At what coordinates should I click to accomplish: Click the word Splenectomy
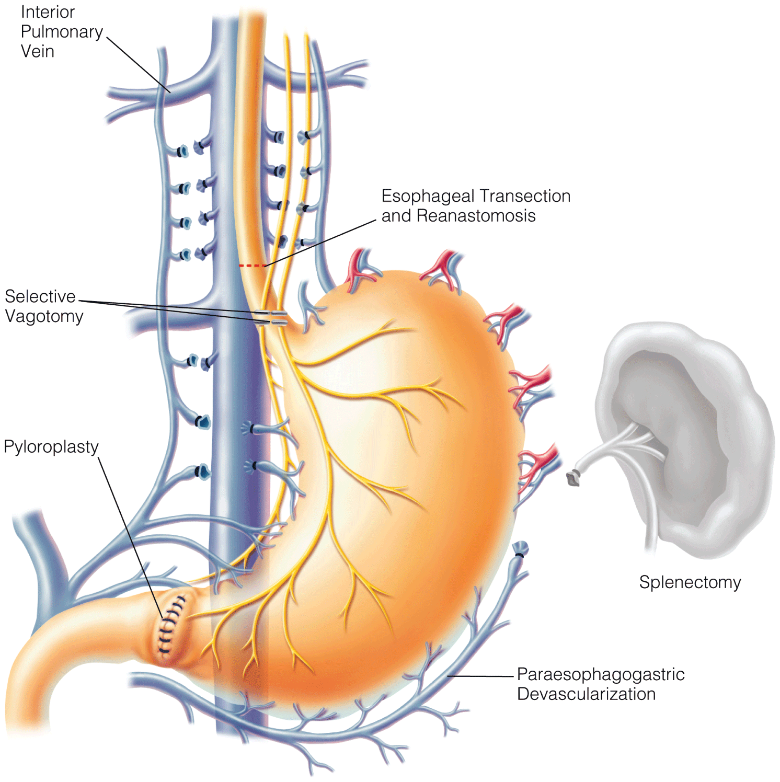(x=690, y=582)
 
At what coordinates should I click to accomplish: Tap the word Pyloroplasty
(x=51, y=447)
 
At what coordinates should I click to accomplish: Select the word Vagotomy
(x=44, y=317)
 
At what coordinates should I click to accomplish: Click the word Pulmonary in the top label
(x=62, y=32)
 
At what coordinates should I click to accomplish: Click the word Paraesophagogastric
(x=601, y=674)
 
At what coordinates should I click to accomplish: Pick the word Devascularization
(x=586, y=694)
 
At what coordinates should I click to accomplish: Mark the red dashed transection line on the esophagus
(x=252, y=266)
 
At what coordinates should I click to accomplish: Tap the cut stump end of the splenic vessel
(x=573, y=478)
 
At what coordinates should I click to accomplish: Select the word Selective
(x=40, y=296)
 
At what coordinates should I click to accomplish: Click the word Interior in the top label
(x=48, y=12)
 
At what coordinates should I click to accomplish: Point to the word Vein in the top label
(x=37, y=52)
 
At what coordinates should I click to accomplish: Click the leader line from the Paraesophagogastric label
(x=481, y=676)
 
